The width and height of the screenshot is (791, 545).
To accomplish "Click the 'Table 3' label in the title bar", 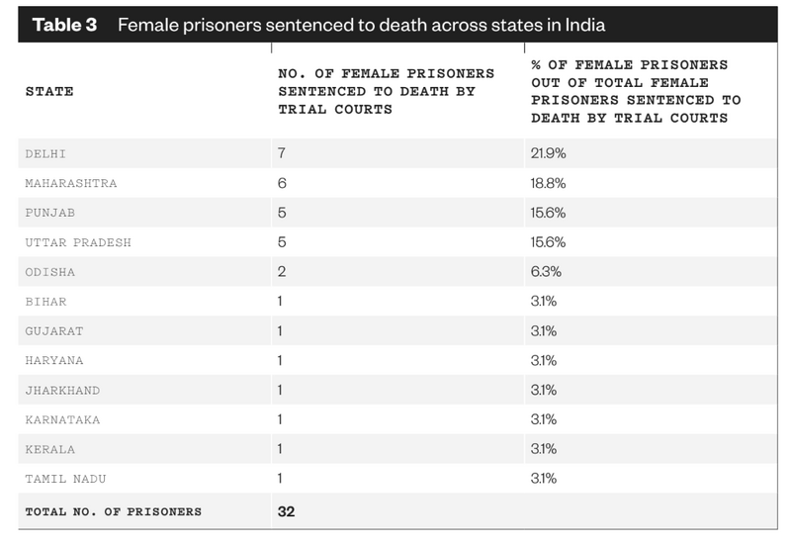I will tap(65, 25).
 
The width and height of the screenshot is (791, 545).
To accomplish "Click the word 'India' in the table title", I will tap(581, 25).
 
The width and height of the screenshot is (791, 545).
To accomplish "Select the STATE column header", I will tap(49, 92).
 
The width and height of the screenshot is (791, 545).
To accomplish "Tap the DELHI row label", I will tap(46, 154).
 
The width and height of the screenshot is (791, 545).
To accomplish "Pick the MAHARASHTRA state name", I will tap(71, 184).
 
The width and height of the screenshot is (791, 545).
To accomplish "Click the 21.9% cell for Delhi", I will tap(548, 154).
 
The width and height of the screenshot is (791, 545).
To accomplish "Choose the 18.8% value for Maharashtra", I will tap(548, 184).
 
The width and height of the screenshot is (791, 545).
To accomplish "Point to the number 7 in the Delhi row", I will tap(282, 154).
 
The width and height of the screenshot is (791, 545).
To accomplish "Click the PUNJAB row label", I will tap(50, 213).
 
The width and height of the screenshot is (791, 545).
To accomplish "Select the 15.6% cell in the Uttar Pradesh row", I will tap(548, 242).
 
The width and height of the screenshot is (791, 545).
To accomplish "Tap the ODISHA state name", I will tap(50, 272).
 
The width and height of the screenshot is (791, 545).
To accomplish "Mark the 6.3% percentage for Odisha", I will tap(546, 272).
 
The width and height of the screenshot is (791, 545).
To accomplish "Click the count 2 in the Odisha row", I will tap(282, 272).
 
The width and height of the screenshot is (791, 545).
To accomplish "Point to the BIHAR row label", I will tap(46, 302).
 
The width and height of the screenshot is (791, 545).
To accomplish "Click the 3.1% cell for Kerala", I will tap(544, 449).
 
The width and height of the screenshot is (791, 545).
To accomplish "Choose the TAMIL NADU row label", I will tap(63, 479).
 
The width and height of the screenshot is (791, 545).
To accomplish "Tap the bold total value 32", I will tap(286, 511).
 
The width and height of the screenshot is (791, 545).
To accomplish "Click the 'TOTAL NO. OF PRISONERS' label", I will tap(114, 511).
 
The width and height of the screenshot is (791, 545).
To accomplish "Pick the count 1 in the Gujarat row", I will tap(282, 331).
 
